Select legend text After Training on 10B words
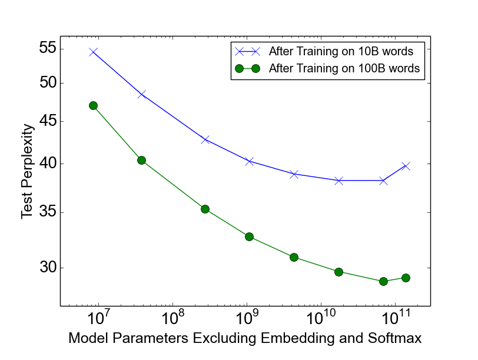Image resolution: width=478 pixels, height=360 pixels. coord(344,50)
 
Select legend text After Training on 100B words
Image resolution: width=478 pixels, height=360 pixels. coord(344,68)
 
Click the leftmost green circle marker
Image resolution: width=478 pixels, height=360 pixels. coord(93,105)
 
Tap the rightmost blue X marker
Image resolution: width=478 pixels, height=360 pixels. coord(406,166)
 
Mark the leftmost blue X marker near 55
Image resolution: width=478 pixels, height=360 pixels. coord(93,52)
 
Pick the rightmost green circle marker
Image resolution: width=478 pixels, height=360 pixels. coord(406,278)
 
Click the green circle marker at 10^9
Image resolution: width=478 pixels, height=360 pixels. coord(249,236)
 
